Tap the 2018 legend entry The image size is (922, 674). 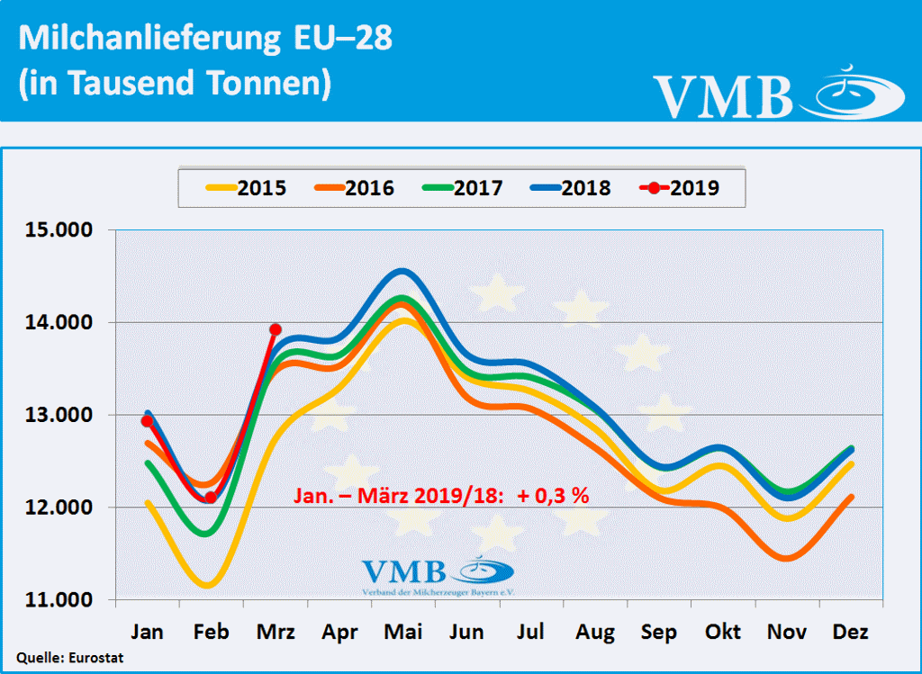tap(571, 188)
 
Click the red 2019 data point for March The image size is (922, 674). tap(276, 329)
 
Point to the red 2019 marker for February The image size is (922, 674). tap(210, 497)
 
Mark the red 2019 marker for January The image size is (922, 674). tap(147, 421)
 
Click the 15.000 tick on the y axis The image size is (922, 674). tap(59, 230)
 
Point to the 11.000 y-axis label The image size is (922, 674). tap(59, 600)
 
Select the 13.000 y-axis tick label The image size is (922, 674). tap(59, 416)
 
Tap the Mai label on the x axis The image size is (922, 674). tap(403, 633)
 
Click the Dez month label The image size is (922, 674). tap(851, 633)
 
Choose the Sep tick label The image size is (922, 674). tap(659, 633)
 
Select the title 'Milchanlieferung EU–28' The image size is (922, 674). tap(205, 40)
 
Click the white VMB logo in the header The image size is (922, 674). tap(779, 92)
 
